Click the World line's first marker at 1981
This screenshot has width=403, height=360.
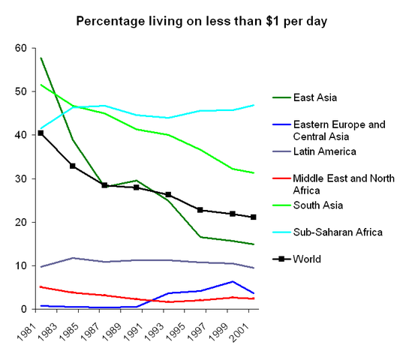(x=41, y=133)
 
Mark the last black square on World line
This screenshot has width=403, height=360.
(x=254, y=217)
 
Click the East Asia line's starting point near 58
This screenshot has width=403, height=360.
(x=41, y=58)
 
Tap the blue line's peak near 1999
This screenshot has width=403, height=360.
(x=233, y=281)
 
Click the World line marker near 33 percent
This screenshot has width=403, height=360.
(x=73, y=166)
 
